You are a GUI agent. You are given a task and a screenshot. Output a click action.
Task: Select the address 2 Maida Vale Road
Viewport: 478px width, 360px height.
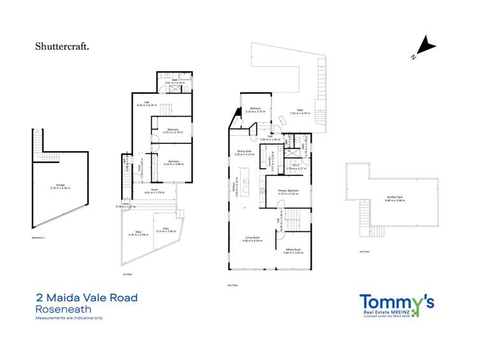point(87,298)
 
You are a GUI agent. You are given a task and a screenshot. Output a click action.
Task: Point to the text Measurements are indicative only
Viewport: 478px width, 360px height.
point(69,317)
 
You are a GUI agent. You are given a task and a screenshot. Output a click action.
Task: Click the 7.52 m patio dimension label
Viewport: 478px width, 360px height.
point(300,113)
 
